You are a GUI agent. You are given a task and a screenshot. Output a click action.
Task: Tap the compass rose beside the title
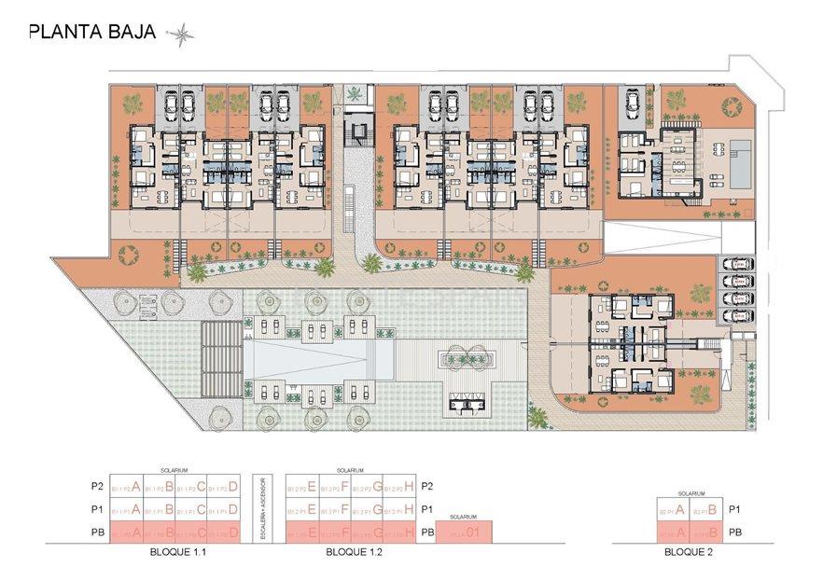180,35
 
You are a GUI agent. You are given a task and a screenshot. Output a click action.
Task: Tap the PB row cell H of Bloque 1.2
401,533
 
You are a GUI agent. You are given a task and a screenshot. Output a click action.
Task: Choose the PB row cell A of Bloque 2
674,533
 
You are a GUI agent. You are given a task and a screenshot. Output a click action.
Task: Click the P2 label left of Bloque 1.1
95,486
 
